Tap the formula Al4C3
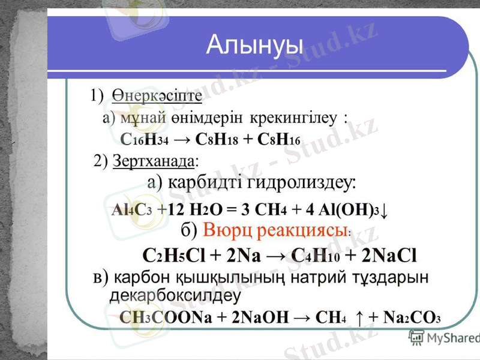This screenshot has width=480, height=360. coord(131,211)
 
